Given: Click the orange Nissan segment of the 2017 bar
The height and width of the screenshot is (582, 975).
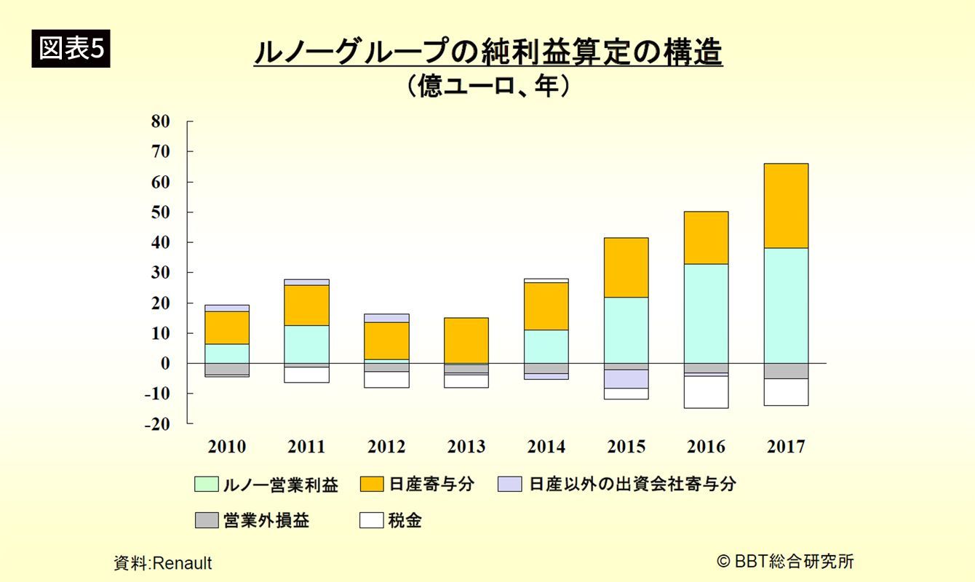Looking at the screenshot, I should pyautogui.click(x=786, y=206).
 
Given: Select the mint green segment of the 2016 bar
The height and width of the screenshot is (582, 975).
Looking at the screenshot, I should pyautogui.click(x=706, y=313).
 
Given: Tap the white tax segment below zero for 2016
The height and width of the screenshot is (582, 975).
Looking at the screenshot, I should pyautogui.click(x=706, y=392).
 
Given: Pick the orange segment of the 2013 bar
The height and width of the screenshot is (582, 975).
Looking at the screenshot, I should pyautogui.click(x=466, y=340).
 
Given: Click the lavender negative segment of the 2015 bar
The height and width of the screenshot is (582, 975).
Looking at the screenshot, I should pyautogui.click(x=626, y=379).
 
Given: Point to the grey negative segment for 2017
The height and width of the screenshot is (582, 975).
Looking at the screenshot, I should pyautogui.click(x=786, y=371).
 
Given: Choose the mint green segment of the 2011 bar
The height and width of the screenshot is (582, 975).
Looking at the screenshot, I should pyautogui.click(x=306, y=344).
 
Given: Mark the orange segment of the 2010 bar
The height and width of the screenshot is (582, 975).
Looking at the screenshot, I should pyautogui.click(x=226, y=327).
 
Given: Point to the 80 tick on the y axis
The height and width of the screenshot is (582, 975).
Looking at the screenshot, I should pyautogui.click(x=161, y=121).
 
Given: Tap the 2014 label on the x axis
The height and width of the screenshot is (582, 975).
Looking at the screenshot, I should pyautogui.click(x=546, y=447).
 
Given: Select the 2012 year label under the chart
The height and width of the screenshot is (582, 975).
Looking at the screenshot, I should pyautogui.click(x=386, y=447).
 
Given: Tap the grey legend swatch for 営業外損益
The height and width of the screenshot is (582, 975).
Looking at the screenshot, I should pyautogui.click(x=207, y=521).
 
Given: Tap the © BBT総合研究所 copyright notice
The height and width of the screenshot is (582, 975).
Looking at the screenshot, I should pyautogui.click(x=785, y=561).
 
